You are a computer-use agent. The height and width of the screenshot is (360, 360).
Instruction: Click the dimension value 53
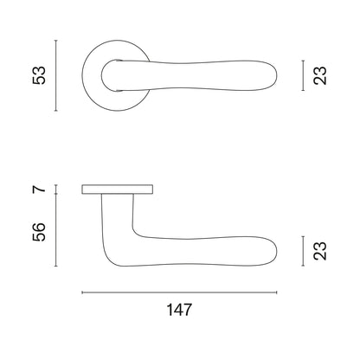tap(39, 75)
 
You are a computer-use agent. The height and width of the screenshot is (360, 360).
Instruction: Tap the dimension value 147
tap(179, 310)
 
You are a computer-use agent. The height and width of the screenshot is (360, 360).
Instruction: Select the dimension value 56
tap(39, 232)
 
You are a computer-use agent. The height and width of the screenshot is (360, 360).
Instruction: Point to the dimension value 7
tap(39, 190)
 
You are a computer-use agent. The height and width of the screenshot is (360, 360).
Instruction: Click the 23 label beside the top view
tap(320, 75)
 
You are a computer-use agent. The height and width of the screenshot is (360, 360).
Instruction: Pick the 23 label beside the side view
tap(320, 251)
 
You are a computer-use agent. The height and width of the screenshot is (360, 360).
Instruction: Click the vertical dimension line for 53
tap(56, 75)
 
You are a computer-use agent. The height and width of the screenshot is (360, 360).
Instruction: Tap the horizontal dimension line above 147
tap(179, 292)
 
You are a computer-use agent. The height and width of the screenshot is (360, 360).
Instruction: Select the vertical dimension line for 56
tap(56, 230)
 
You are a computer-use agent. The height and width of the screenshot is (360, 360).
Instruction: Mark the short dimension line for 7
tap(56, 190)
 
